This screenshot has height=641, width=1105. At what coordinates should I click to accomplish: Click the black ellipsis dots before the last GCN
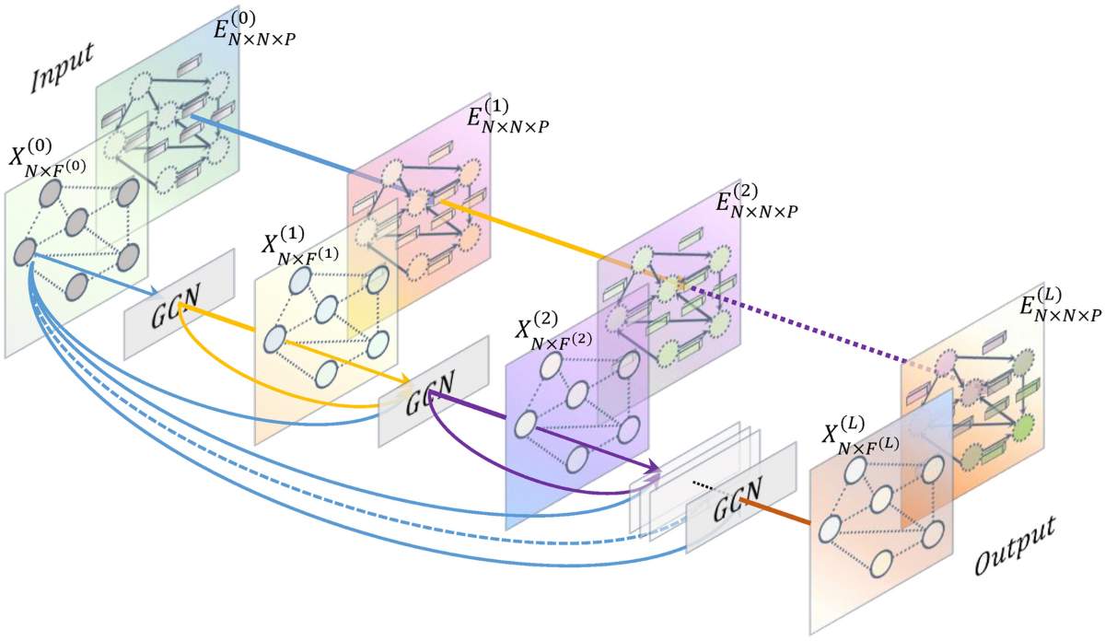[704, 485]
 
